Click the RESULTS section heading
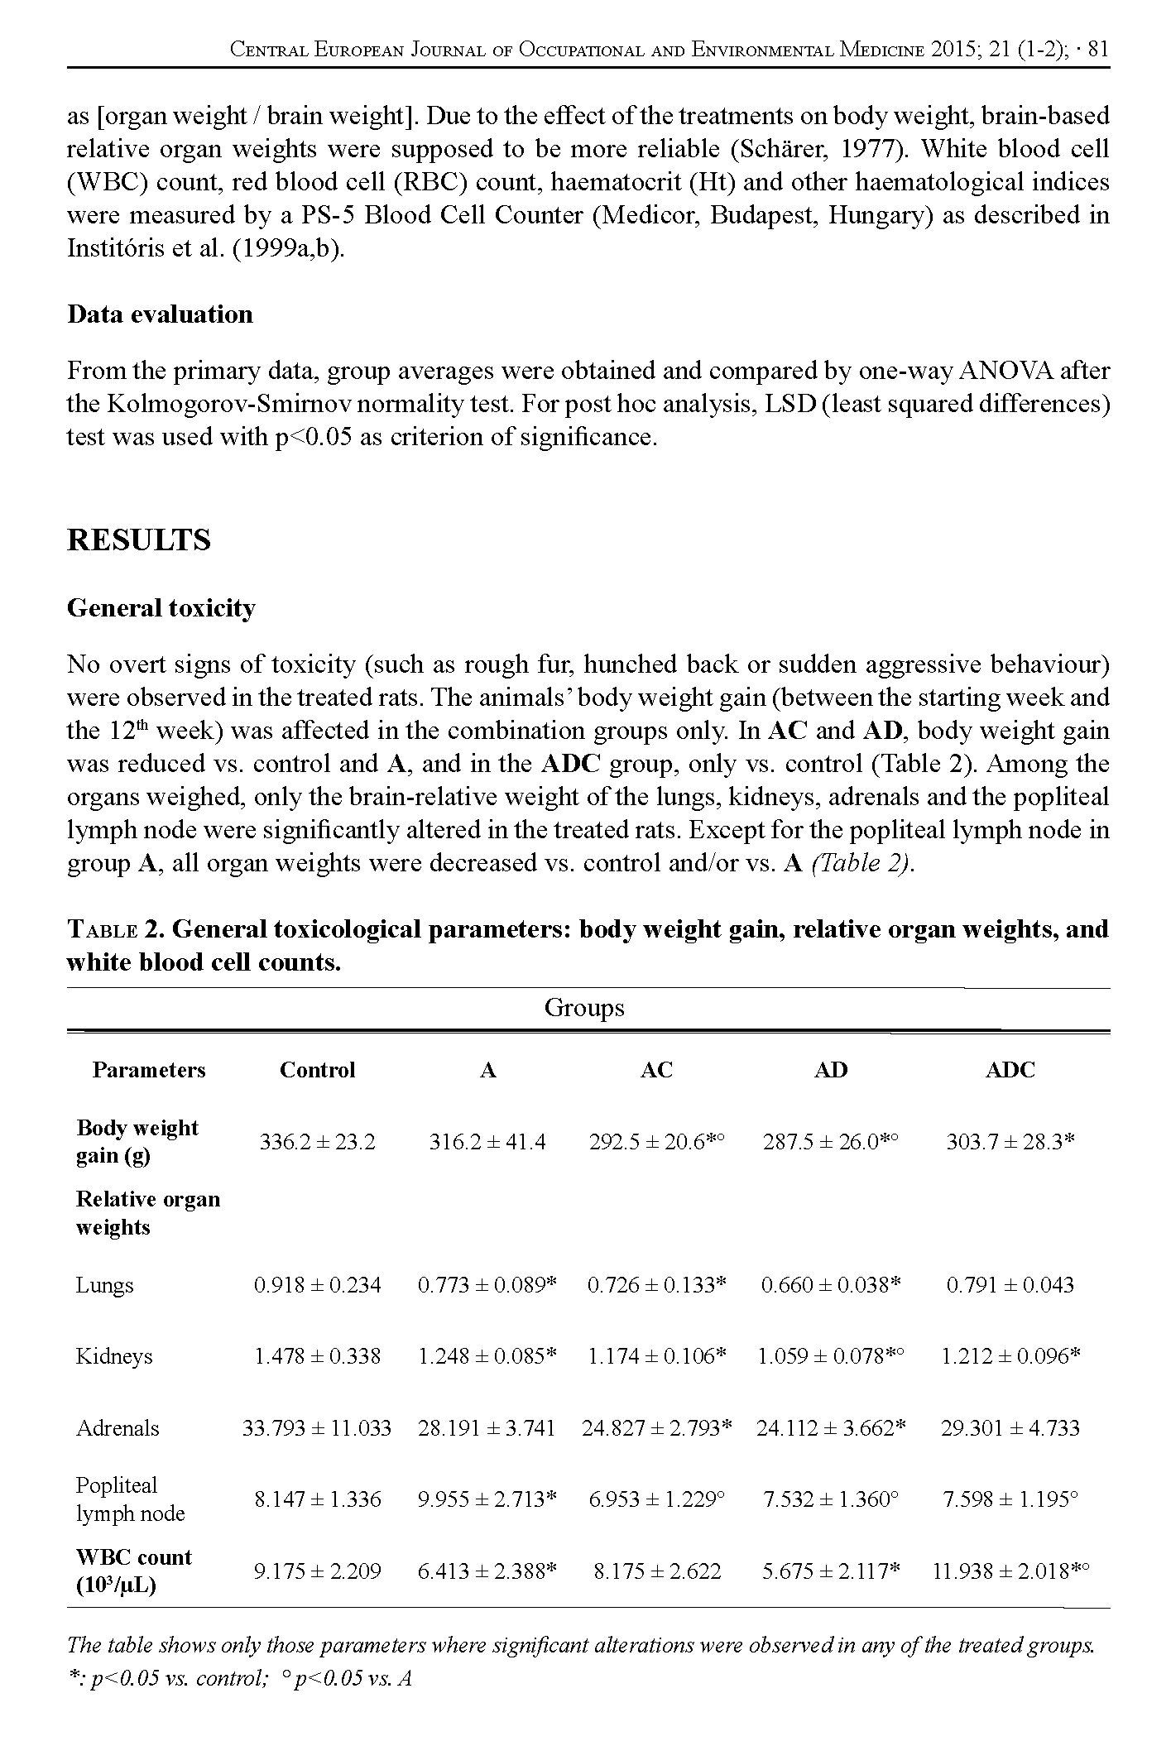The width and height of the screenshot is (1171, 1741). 138,540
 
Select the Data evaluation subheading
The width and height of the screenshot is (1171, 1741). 160,314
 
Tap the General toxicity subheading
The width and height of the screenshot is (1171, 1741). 161,608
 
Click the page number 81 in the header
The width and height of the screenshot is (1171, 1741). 1098,50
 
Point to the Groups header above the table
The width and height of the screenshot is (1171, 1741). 584,1008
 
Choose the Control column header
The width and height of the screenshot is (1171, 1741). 317,1070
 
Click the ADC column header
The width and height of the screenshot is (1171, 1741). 1010,1070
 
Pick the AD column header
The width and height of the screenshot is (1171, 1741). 830,1070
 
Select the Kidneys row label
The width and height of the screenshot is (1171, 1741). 114,1356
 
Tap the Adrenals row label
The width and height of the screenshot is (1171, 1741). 117,1427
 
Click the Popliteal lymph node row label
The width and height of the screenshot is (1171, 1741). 130,1499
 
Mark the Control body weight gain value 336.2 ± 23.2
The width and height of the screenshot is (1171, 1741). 317,1142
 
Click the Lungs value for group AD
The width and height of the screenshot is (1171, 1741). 830,1285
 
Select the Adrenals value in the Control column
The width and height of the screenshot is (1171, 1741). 316,1427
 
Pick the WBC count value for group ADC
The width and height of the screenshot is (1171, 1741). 1010,1571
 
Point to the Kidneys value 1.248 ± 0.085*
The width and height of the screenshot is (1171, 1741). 487,1356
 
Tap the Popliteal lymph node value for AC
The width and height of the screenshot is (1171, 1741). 657,1499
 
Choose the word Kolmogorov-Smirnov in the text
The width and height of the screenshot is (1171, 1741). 220,404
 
